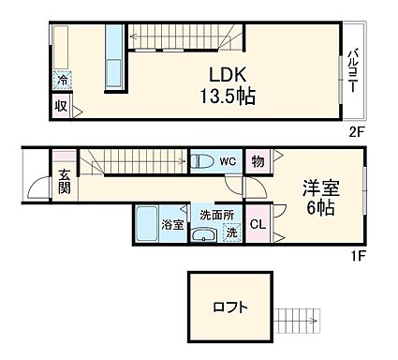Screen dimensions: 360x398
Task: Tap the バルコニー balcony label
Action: click(x=354, y=70)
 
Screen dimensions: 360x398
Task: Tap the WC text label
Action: click(x=228, y=160)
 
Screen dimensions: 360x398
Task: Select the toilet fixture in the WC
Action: click(x=200, y=160)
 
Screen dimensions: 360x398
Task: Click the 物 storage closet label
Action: click(x=258, y=161)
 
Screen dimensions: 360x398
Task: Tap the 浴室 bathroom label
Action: click(x=172, y=224)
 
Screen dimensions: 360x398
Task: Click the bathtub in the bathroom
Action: click(x=147, y=224)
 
